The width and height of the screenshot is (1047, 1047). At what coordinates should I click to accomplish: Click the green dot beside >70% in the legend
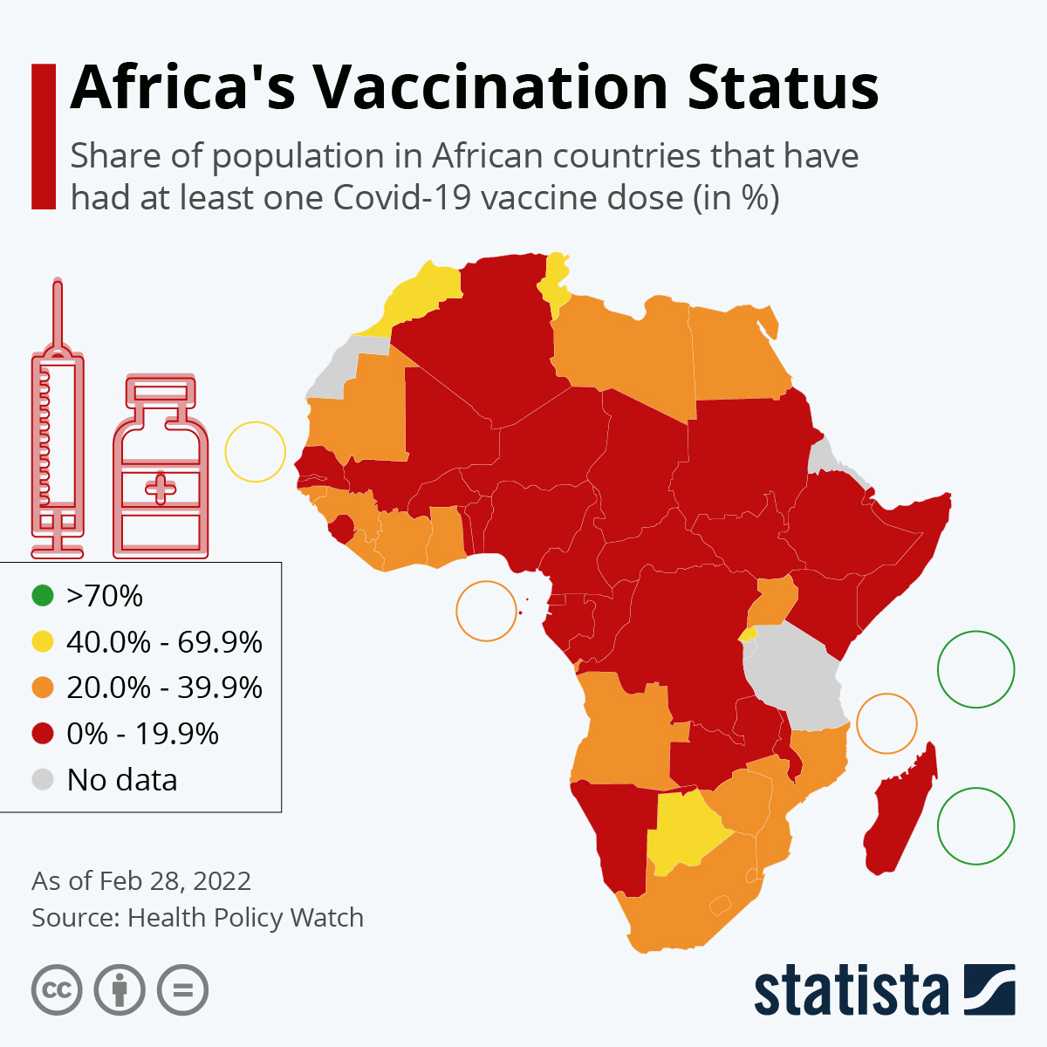(x=43, y=596)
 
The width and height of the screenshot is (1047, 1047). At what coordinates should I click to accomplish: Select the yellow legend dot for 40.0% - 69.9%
(x=43, y=642)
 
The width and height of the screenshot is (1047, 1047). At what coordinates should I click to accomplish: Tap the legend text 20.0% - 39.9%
(x=164, y=688)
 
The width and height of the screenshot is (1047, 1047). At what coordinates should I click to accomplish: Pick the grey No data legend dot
(x=43, y=779)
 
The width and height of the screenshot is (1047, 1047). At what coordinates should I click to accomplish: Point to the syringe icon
(x=58, y=419)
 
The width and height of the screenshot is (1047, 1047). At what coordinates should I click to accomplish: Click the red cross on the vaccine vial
(x=161, y=488)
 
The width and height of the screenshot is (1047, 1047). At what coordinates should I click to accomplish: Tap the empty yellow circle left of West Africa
(x=256, y=451)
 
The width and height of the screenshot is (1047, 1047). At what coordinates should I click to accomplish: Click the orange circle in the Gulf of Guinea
(x=486, y=611)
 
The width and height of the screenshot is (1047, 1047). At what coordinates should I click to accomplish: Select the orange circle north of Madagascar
(x=886, y=723)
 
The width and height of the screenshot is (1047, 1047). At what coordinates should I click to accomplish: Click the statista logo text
(x=851, y=991)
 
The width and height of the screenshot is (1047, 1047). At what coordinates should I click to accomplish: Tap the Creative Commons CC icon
(x=57, y=990)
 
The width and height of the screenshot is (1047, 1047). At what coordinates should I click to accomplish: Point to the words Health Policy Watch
(x=245, y=918)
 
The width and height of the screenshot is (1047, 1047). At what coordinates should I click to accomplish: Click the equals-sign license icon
(x=183, y=990)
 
